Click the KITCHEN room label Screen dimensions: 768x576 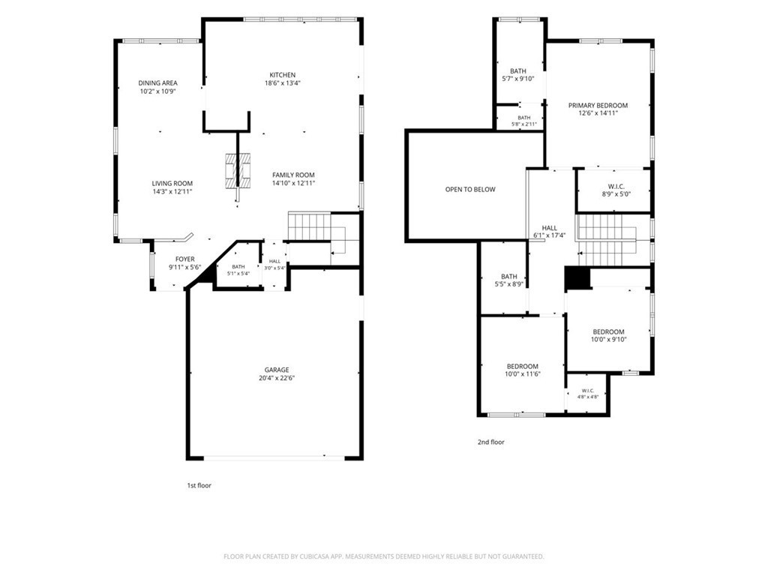coord(283,75)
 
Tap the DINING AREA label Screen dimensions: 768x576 coord(157,83)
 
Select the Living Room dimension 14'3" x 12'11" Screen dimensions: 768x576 coord(172,191)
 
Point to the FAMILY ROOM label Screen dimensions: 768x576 coord(293,175)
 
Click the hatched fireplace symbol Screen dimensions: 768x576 coord(238,171)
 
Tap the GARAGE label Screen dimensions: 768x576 coord(277,370)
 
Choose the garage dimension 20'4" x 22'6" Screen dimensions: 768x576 coord(277,378)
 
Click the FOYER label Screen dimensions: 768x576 coord(185,259)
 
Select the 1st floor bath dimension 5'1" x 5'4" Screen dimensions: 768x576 coord(238,273)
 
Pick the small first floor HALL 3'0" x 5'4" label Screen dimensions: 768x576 coord(274,265)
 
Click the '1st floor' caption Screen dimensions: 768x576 coord(199,485)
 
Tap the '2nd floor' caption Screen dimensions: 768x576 coord(490,442)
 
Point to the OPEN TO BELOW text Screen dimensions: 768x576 coord(470,190)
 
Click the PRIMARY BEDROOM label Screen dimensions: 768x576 coord(598,105)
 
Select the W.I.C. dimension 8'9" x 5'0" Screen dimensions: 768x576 coord(616,194)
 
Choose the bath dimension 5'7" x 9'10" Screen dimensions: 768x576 coord(518,79)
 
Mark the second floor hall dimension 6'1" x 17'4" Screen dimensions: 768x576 coord(550,235)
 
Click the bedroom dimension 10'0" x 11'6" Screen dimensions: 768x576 coord(523,374)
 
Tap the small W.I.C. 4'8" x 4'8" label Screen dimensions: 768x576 coord(588,394)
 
